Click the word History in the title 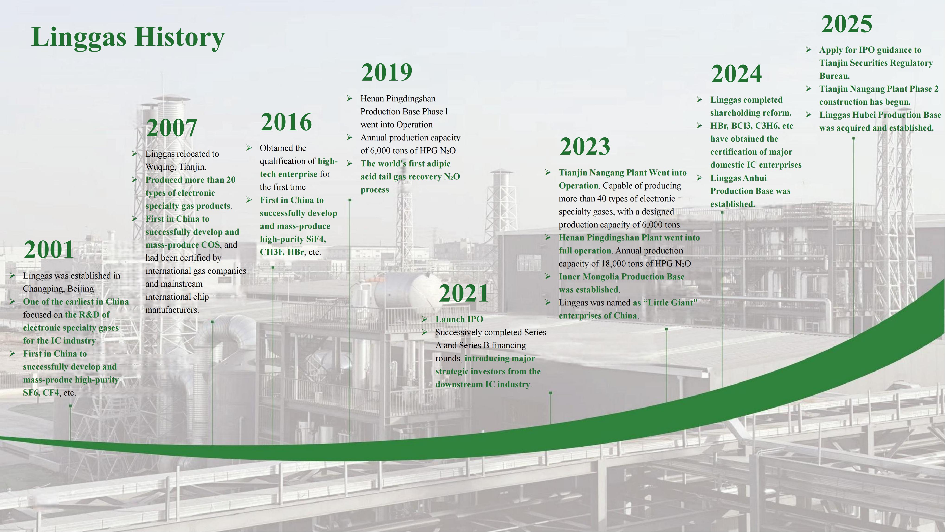click(x=180, y=37)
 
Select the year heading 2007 click(x=172, y=128)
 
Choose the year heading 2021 click(x=464, y=293)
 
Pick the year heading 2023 click(x=585, y=146)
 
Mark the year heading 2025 click(x=847, y=24)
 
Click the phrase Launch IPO click(x=459, y=319)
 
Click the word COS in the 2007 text click(x=211, y=245)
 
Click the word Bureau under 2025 click(x=834, y=76)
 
